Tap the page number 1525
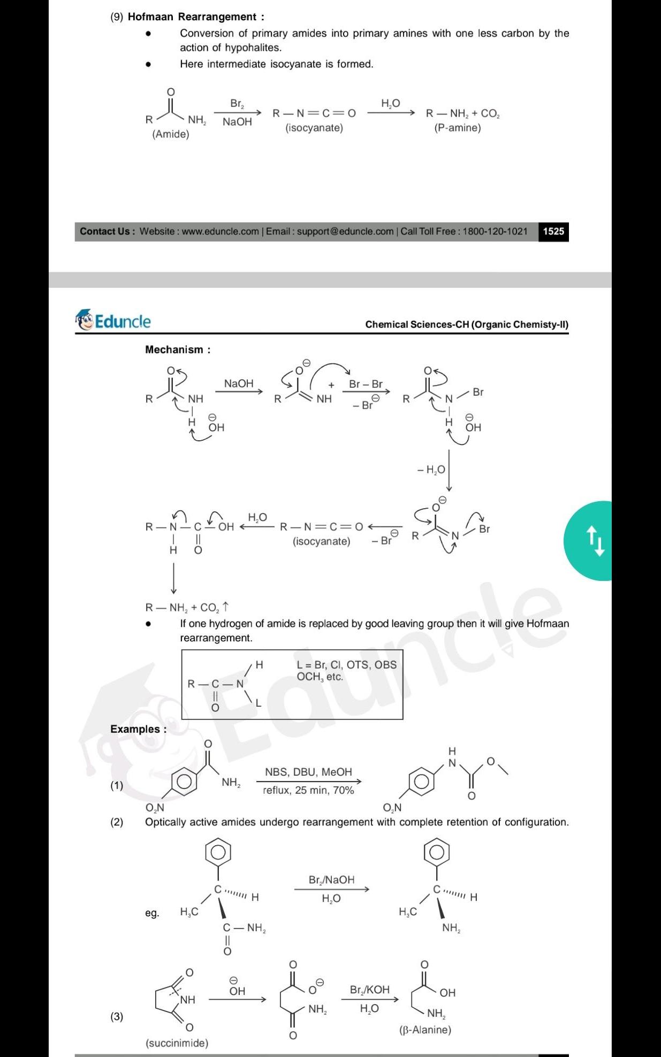553,232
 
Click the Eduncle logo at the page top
113,321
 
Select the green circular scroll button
591,541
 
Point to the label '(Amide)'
171,134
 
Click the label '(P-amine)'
458,128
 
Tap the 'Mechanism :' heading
178,350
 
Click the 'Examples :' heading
138,729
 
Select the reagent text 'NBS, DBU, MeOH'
308,772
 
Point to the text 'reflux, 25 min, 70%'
308,790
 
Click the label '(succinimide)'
177,1043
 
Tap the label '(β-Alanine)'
425,1030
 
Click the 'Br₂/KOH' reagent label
369,990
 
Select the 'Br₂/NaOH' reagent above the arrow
331,880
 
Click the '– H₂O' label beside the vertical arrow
431,470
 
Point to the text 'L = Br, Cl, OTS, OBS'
347,665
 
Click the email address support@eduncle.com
345,232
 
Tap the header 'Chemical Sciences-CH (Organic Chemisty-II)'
467,325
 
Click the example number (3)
117,1016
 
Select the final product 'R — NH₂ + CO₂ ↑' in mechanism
187,608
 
